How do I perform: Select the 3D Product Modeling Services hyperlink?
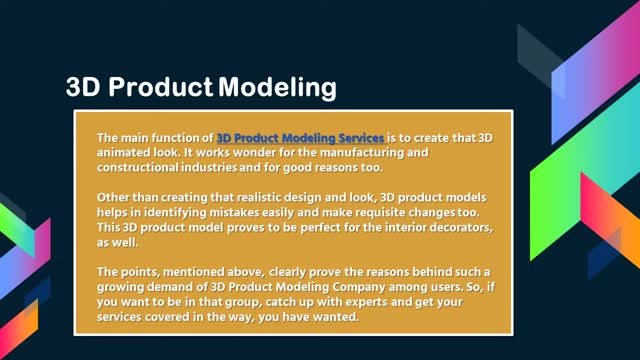(x=300, y=136)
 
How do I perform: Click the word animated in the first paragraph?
(x=123, y=151)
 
